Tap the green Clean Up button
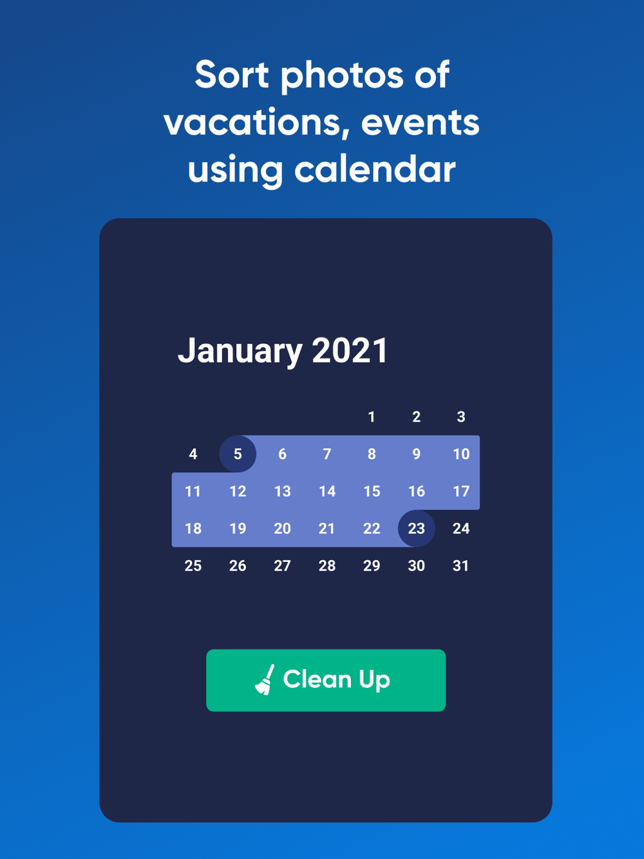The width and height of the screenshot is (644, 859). [x=326, y=680]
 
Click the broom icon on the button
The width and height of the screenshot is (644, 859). [x=265, y=680]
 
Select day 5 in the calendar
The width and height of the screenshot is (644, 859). [x=238, y=454]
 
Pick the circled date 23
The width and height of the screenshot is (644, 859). [x=416, y=528]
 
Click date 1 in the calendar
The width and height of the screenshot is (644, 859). [x=372, y=417]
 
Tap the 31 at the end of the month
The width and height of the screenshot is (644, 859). [x=460, y=565]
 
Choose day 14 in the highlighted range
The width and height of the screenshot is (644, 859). [x=327, y=491]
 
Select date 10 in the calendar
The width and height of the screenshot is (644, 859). [x=461, y=454]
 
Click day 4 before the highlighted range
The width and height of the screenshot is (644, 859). [x=193, y=454]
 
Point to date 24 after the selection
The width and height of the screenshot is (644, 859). [x=461, y=528]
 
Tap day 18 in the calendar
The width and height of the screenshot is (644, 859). [x=193, y=528]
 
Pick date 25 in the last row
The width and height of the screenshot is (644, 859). [x=193, y=565]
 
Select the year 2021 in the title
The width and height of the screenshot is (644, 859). [x=350, y=350]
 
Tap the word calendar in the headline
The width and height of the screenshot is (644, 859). [x=375, y=169]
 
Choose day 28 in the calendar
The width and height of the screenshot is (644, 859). [x=327, y=565]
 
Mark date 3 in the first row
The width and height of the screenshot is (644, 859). [x=461, y=417]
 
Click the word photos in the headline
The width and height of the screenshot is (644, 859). [x=341, y=77]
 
